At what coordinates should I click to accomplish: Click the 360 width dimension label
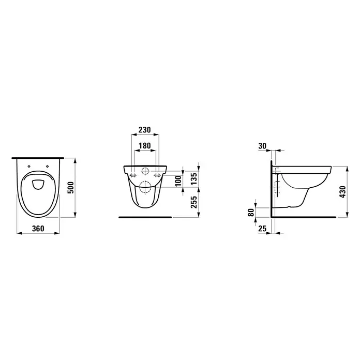pyautogui.click(x=38, y=229)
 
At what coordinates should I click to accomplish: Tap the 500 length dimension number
pyautogui.click(x=71, y=188)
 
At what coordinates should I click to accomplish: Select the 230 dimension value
pyautogui.click(x=145, y=130)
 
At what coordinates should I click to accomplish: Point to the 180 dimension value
pyautogui.click(x=145, y=145)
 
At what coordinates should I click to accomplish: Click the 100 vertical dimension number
pyautogui.click(x=178, y=181)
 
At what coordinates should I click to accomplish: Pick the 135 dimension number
pyautogui.click(x=194, y=179)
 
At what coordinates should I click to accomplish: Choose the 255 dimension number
pyautogui.click(x=194, y=202)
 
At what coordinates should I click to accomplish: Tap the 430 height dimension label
pyautogui.click(x=342, y=192)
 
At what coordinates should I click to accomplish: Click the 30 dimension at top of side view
pyautogui.click(x=262, y=146)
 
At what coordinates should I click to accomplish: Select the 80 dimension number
pyautogui.click(x=251, y=213)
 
